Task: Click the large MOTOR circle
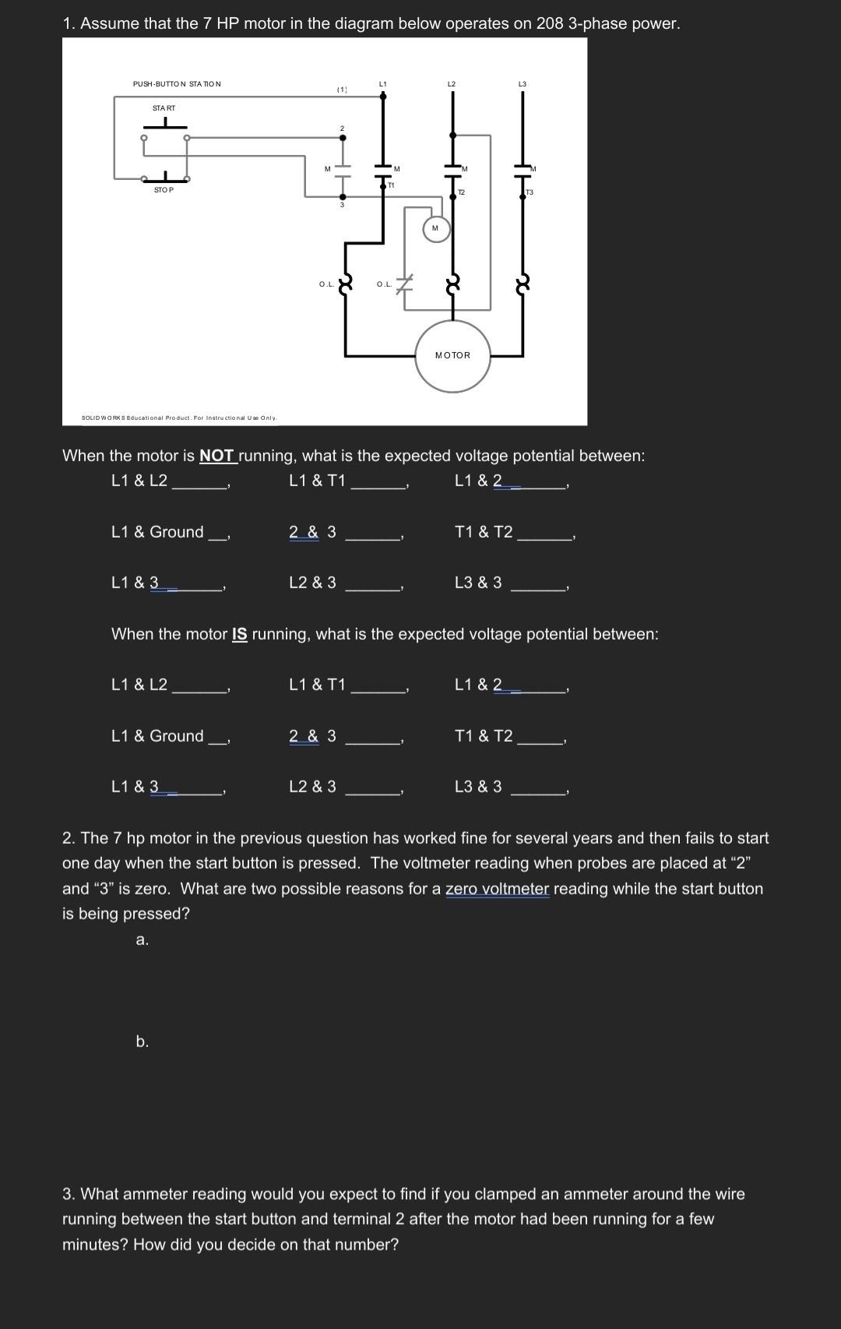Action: point(452,356)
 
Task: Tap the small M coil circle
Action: point(435,228)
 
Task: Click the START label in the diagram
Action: point(164,108)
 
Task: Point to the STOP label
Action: point(164,190)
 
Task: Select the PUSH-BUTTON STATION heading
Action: point(177,83)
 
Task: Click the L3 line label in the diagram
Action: point(522,83)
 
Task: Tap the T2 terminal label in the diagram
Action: point(461,192)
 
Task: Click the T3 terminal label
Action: point(530,192)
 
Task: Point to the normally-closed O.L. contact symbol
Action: point(403,284)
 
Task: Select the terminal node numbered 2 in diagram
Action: point(342,137)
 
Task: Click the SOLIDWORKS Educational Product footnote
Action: point(179,418)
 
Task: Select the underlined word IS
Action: point(240,634)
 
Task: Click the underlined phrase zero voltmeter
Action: point(497,889)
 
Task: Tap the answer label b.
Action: point(142,1042)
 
